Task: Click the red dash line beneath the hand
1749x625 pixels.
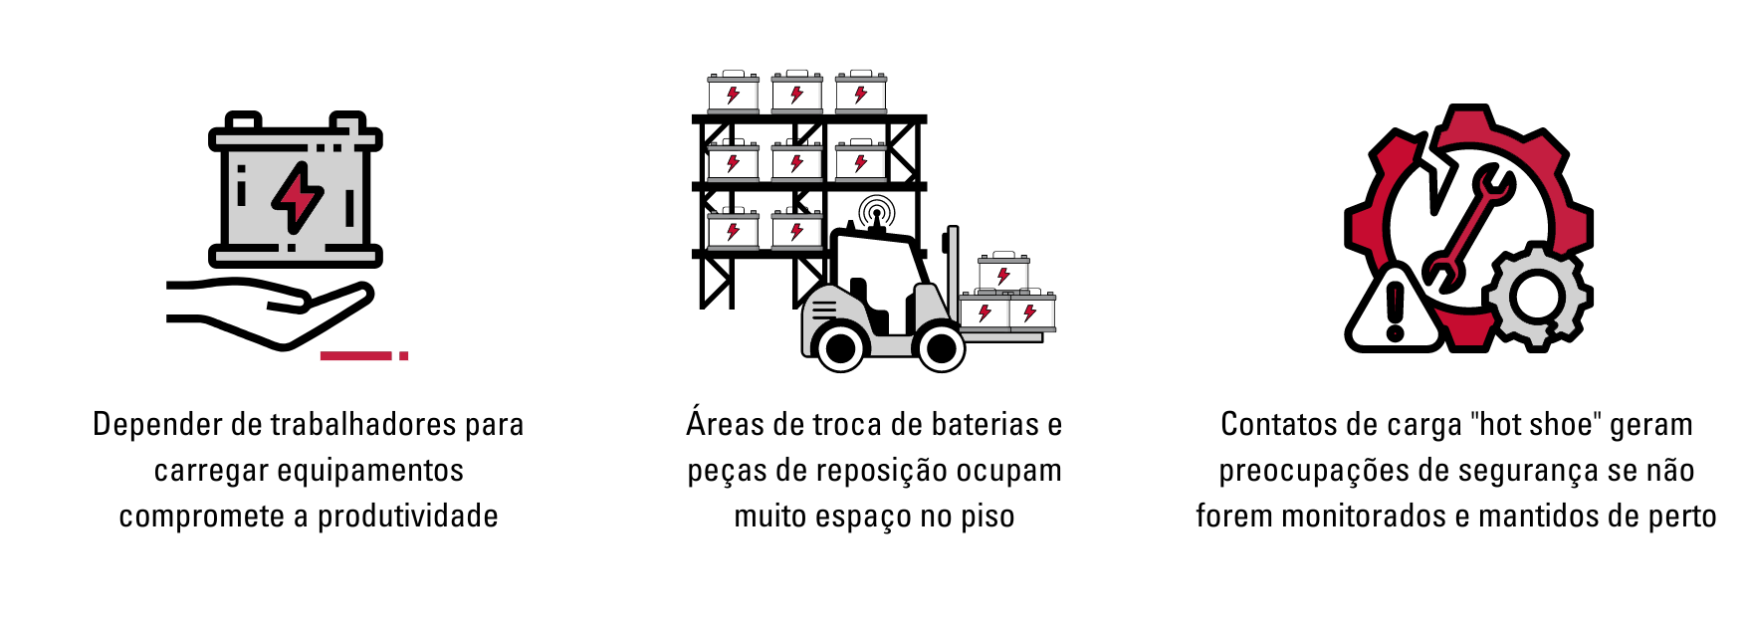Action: click(x=355, y=355)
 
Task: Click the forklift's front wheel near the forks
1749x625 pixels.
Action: click(x=940, y=348)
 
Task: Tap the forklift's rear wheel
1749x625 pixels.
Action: click(x=841, y=348)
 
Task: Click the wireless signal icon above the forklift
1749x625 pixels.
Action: click(x=876, y=212)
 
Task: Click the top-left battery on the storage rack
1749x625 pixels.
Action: click(x=733, y=93)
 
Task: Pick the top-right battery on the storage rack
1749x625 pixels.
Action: click(x=861, y=93)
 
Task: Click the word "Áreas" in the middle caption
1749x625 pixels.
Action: click(x=726, y=425)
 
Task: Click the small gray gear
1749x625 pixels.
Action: click(x=1536, y=297)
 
